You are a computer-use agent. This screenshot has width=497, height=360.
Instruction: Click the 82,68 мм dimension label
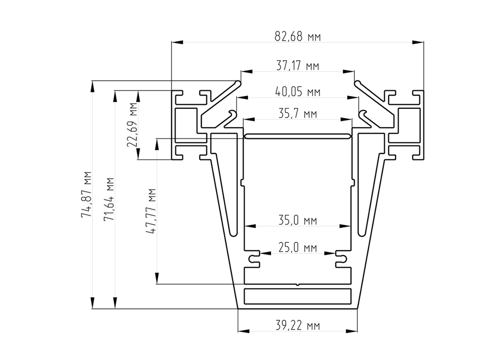coord(298,37)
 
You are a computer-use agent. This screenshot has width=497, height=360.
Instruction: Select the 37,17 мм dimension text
coord(298,66)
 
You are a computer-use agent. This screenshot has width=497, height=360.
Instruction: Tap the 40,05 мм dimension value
coord(298,92)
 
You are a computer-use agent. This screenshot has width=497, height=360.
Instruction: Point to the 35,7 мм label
coord(298,113)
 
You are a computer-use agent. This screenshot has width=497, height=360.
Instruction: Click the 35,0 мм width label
coord(298,220)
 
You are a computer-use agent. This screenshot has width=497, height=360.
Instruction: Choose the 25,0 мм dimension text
coord(298,247)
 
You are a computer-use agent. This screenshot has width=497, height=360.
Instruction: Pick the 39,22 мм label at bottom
coord(298,325)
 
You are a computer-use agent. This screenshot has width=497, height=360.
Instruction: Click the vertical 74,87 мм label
coord(86,194)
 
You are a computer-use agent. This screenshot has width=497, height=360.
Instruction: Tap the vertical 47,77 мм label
coord(151,211)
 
